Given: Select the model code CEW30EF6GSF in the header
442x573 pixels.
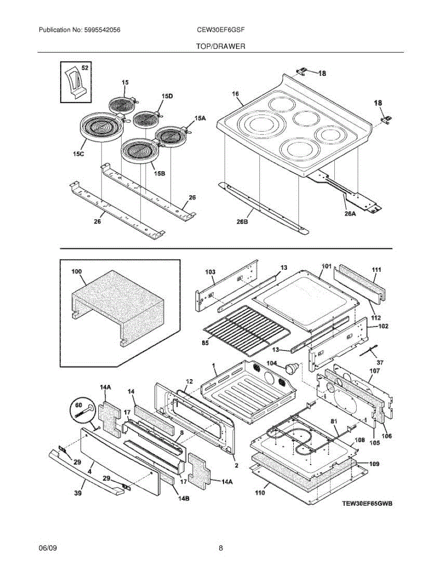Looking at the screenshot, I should click(221, 30).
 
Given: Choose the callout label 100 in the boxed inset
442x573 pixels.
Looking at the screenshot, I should click(76, 271).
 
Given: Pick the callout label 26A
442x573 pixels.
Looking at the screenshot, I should click(350, 214).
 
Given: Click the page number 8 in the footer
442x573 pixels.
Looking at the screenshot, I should click(221, 548).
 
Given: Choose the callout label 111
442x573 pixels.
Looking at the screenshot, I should click(377, 270).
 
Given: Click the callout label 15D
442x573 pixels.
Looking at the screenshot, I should click(167, 96).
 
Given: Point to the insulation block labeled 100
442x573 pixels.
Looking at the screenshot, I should click(119, 306).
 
